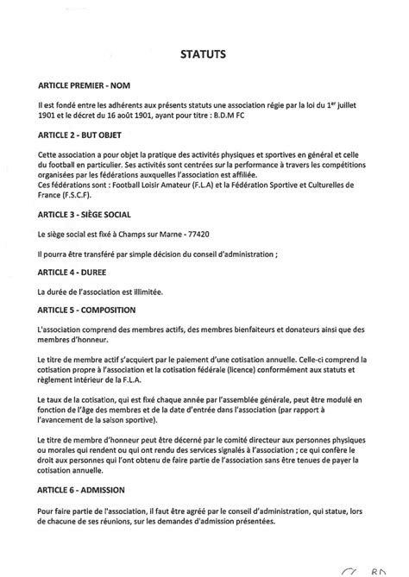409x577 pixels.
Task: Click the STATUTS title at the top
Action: [204, 53]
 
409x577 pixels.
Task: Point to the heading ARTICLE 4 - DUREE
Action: [74, 270]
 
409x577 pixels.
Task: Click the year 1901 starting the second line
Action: [49, 116]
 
